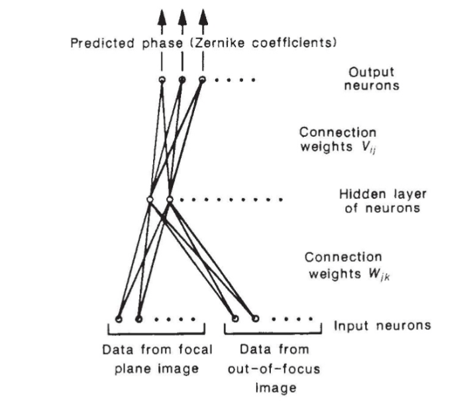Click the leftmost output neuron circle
coord(162,80)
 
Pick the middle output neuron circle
coord(182,80)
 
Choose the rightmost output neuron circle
coord(202,80)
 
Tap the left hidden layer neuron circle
coord(150,198)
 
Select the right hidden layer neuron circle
coord(170,198)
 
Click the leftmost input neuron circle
coord(119,319)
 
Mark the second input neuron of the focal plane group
coord(138,319)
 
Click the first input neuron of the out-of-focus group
coord(234,319)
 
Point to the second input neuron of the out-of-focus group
coord(254,319)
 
